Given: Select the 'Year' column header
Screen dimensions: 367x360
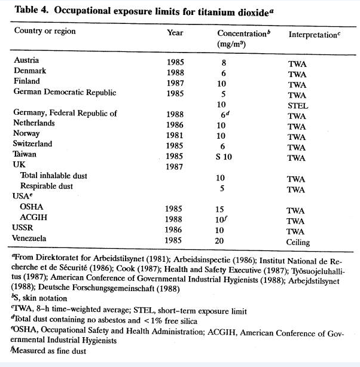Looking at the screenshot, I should click(x=175, y=32).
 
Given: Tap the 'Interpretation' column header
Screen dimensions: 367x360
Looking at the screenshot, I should click(x=313, y=35).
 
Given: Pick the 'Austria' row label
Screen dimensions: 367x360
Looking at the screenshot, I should click(x=26, y=60).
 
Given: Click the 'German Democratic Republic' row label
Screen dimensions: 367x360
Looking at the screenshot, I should click(x=65, y=92).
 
